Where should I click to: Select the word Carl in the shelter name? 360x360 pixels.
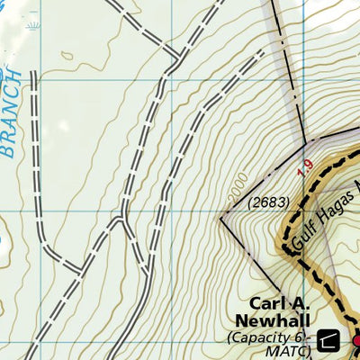coord(267,303)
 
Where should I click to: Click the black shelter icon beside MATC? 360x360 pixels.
coord(328,340)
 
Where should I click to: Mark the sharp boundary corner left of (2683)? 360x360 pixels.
coord(221,217)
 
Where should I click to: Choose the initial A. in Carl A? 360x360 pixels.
coord(301,303)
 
